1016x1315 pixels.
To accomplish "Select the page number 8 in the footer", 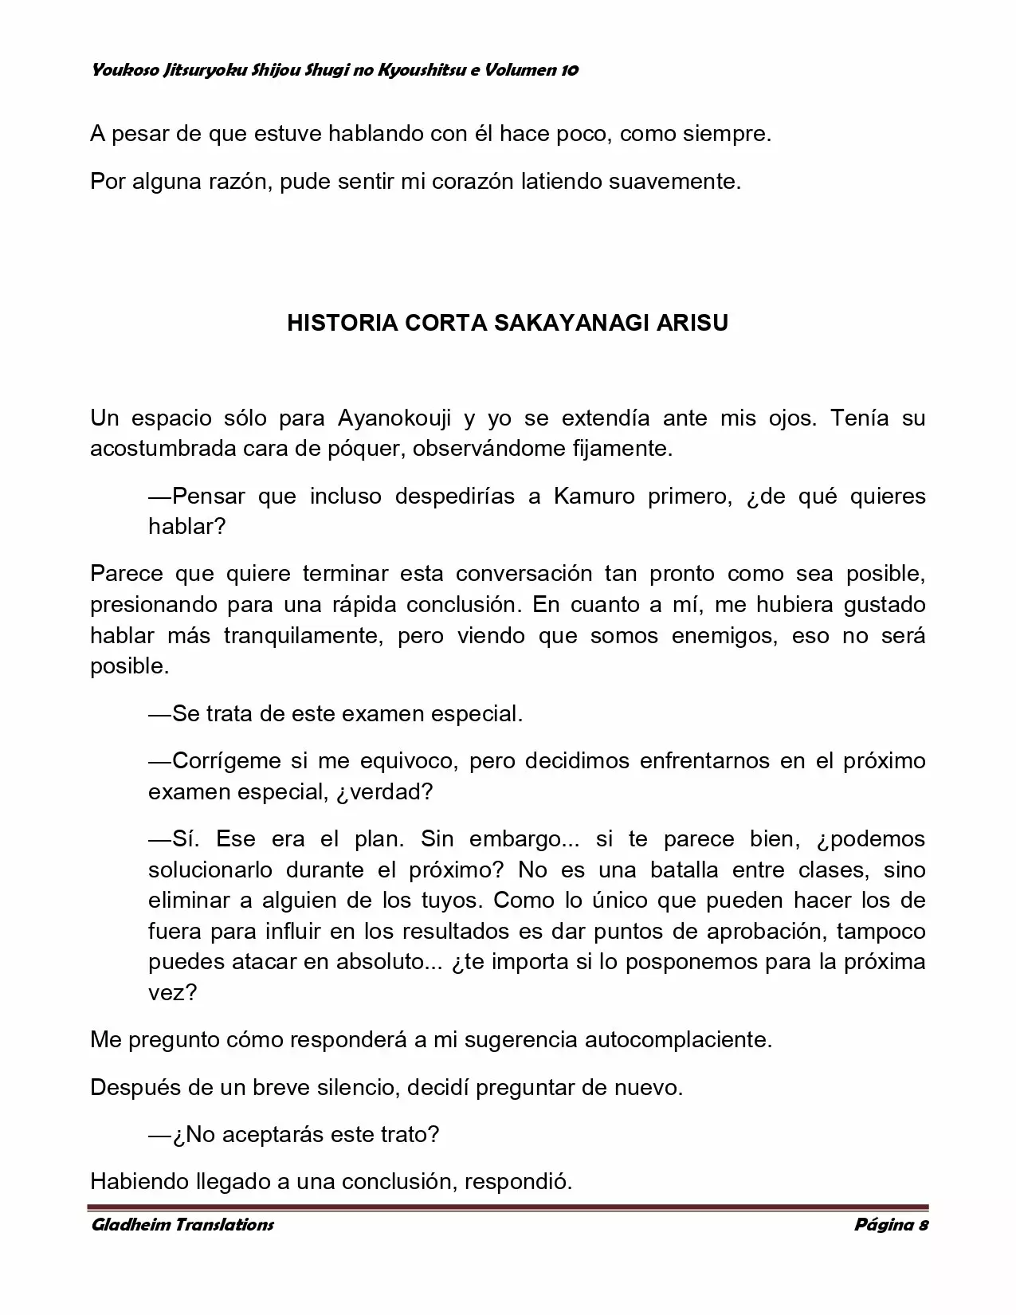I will click(923, 1224).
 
